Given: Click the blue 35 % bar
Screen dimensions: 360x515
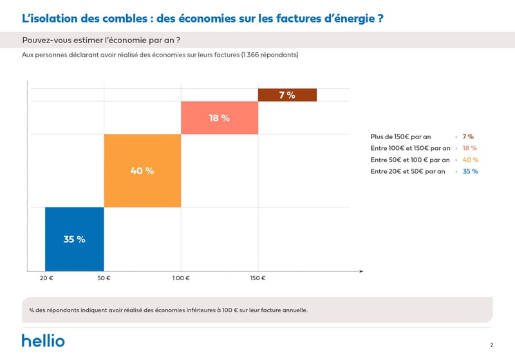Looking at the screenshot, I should [74, 239].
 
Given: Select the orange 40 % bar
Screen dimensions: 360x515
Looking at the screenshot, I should [142, 171].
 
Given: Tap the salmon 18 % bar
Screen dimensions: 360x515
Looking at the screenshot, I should [219, 118].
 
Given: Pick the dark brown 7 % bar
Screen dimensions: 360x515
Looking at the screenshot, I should [287, 95].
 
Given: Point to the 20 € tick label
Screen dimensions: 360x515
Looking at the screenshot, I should [46, 278].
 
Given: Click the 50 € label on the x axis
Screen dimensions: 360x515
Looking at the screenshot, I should [104, 278].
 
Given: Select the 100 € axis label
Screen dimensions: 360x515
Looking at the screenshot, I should [181, 278].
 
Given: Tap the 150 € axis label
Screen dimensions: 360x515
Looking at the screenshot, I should [257, 278].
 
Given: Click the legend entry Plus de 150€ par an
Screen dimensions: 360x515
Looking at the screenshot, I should [400, 137].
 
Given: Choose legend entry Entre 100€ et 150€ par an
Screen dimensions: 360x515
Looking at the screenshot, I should [410, 148].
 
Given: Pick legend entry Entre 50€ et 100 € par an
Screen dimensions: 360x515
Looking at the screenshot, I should [410, 160].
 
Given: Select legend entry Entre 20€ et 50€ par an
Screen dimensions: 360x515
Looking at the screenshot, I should [407, 171].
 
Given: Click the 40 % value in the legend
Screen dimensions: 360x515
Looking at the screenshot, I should [471, 160].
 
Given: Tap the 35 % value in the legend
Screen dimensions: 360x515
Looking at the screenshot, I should [470, 171].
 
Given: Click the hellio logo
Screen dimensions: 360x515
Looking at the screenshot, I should [43, 341].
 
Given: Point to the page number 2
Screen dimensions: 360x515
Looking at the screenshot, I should [491, 345].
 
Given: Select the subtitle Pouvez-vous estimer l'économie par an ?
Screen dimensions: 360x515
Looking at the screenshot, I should [101, 40].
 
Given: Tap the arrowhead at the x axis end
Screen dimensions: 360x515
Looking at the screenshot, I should [360, 271].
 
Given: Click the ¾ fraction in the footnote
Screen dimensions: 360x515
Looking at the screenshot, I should [32, 310].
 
